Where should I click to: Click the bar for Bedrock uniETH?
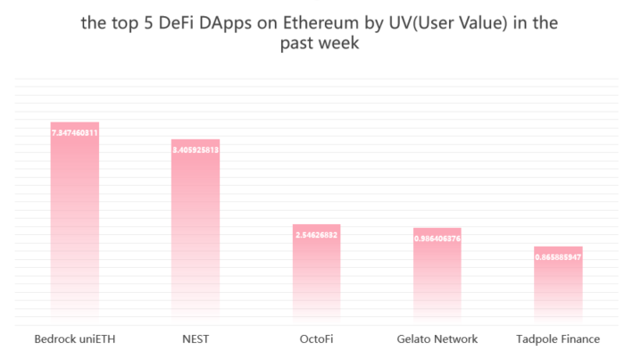coord(75,223)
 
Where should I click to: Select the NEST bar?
coord(196,232)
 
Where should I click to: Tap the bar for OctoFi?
coord(316,272)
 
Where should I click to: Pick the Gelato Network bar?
coord(437,275)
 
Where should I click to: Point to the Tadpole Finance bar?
coord(558,284)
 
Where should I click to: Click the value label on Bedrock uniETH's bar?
coord(75,132)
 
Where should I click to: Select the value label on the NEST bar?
coord(196,150)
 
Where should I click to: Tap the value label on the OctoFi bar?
coord(316,234)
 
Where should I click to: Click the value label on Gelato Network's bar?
coord(437,239)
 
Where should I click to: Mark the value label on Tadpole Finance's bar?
coord(558,257)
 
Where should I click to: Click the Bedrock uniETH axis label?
coord(75,339)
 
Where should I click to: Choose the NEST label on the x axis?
coord(196,339)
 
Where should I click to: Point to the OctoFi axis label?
coord(316,339)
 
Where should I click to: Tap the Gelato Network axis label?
coord(437,339)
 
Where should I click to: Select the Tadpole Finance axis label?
coord(558,339)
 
